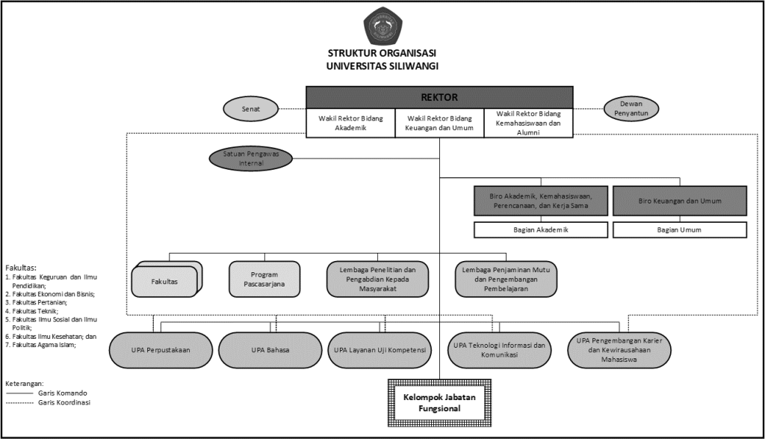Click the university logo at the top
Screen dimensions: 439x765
click(382, 25)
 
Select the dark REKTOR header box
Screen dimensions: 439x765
click(439, 97)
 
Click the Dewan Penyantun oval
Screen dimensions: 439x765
click(631, 109)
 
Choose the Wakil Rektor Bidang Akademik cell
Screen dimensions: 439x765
click(350, 123)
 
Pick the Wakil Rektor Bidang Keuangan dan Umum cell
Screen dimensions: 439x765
click(439, 123)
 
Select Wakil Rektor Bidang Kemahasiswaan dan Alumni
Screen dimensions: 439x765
click(528, 123)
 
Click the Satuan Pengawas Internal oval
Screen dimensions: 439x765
click(251, 159)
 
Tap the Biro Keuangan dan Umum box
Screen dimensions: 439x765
click(679, 201)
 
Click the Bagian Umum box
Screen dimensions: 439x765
click(679, 230)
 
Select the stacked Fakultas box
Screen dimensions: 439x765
click(164, 280)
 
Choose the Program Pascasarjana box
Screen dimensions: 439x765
click(264, 278)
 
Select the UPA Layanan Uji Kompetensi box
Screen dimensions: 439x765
click(379, 350)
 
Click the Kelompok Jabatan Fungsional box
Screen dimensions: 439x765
click(439, 403)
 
